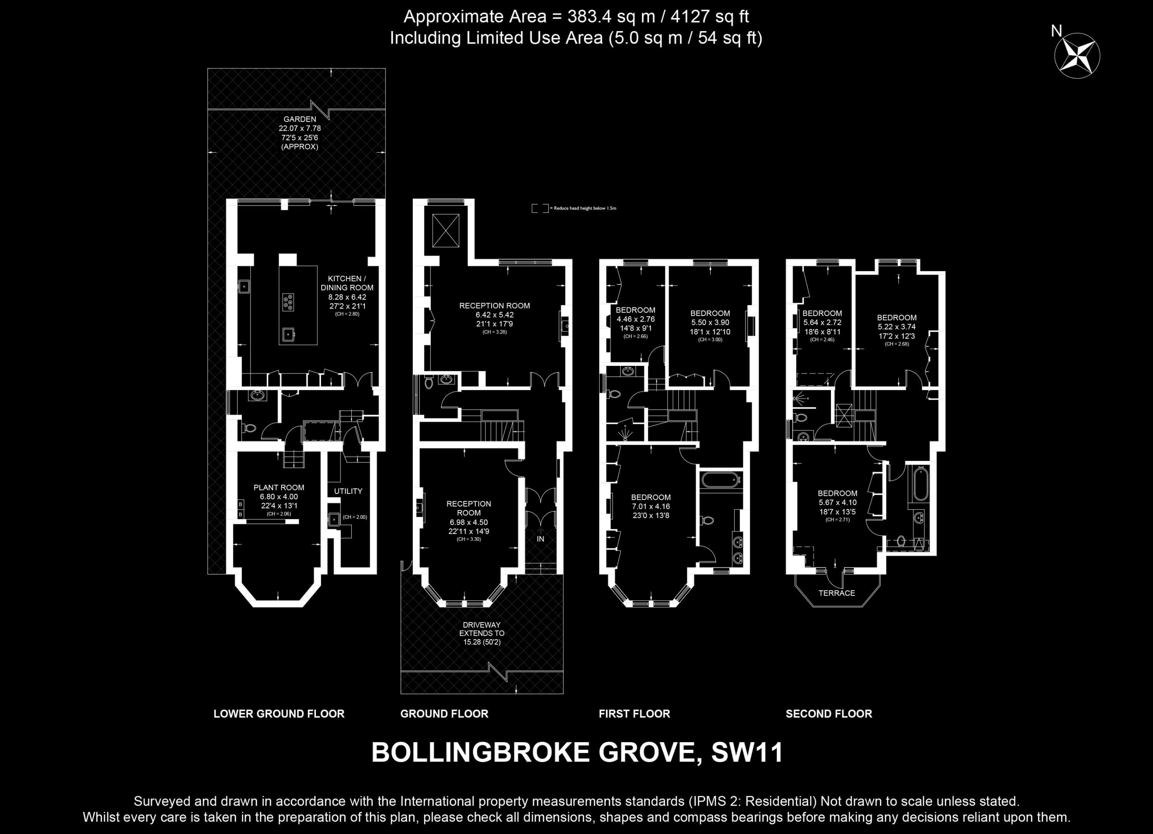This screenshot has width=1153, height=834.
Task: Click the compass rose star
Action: [1077, 55]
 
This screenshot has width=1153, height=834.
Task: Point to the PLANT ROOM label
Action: [279, 487]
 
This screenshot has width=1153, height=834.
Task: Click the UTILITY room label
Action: [348, 491]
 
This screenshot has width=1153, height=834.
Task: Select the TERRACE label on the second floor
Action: [837, 593]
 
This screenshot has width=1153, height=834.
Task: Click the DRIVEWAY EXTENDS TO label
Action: [482, 629]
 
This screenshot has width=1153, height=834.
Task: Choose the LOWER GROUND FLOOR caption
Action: [279, 714]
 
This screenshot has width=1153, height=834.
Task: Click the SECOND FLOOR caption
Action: [829, 714]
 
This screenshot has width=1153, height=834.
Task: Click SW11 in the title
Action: [747, 753]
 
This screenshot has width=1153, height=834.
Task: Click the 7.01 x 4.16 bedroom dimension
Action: [651, 506]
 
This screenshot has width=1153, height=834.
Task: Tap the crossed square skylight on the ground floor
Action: [446, 231]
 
